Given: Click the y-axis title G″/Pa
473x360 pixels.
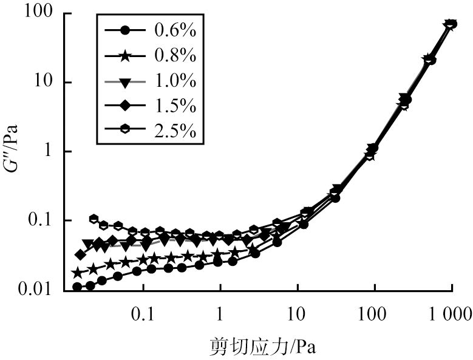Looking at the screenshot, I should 13,151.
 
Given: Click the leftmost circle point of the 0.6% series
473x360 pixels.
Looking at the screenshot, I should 77,287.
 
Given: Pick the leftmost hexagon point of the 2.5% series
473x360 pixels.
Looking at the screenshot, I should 94,219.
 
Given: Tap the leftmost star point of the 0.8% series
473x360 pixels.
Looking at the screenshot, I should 77,273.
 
